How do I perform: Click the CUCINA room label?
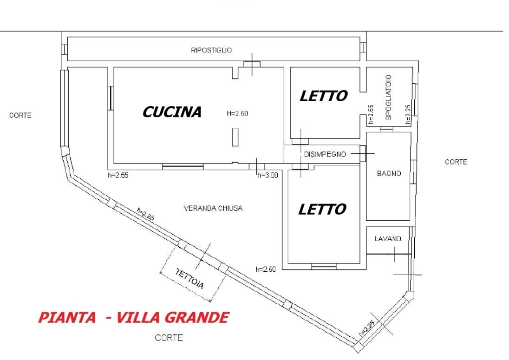tap(172, 112)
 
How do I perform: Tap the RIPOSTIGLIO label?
tap(211, 50)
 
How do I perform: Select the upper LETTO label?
tap(323, 96)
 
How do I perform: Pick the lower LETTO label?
tap(322, 209)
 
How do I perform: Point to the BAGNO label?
tap(389, 174)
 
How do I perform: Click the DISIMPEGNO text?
tap(325, 154)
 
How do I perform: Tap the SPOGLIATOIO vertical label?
tap(389, 97)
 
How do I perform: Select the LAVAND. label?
tap(388, 239)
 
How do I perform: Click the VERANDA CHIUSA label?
tap(213, 208)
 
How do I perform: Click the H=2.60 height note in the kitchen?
tap(237, 112)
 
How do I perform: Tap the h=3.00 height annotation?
tap(268, 175)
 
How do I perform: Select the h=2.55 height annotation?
tap(118, 175)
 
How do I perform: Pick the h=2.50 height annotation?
tap(266, 269)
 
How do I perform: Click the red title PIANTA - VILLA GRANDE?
tap(133, 318)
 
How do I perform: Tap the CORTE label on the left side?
tap(20, 115)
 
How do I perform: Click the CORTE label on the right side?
tap(456, 162)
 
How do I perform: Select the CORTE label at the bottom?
tap(169, 338)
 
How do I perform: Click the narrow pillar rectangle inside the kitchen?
tap(235, 138)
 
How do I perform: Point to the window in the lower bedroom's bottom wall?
tap(324, 267)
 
